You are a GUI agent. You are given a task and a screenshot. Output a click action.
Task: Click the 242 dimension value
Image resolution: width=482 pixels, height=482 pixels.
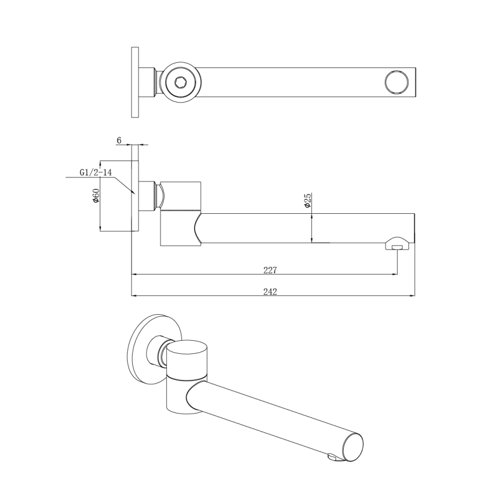click(x=270, y=291)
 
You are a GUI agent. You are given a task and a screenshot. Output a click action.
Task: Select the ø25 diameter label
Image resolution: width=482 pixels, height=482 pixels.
click(x=307, y=201)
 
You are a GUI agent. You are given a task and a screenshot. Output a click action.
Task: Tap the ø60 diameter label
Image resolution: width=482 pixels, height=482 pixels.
click(x=96, y=196)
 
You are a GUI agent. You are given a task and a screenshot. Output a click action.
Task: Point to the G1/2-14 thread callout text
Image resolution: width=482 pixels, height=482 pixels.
click(x=94, y=172)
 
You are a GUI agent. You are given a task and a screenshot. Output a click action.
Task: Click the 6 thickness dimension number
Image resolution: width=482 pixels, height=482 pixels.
click(x=119, y=139)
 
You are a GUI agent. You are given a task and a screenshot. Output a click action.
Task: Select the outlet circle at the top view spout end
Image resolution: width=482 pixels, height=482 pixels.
click(x=396, y=82)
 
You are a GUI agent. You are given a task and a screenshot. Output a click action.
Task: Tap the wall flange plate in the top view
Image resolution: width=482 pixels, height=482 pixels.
click(x=135, y=82)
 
